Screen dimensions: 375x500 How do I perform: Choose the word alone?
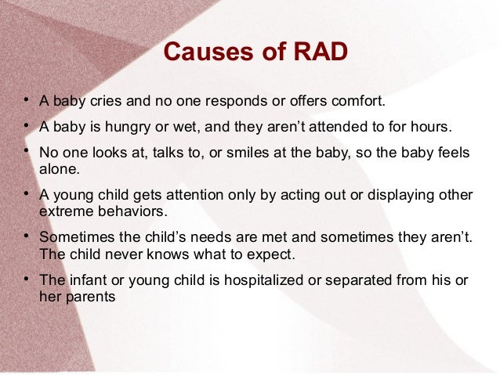click(56, 167)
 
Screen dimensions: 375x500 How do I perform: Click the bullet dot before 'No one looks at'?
click(26, 150)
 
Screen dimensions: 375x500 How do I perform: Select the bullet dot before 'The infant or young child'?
click(26, 279)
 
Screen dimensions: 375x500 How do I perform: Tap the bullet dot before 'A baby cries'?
click(26, 100)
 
